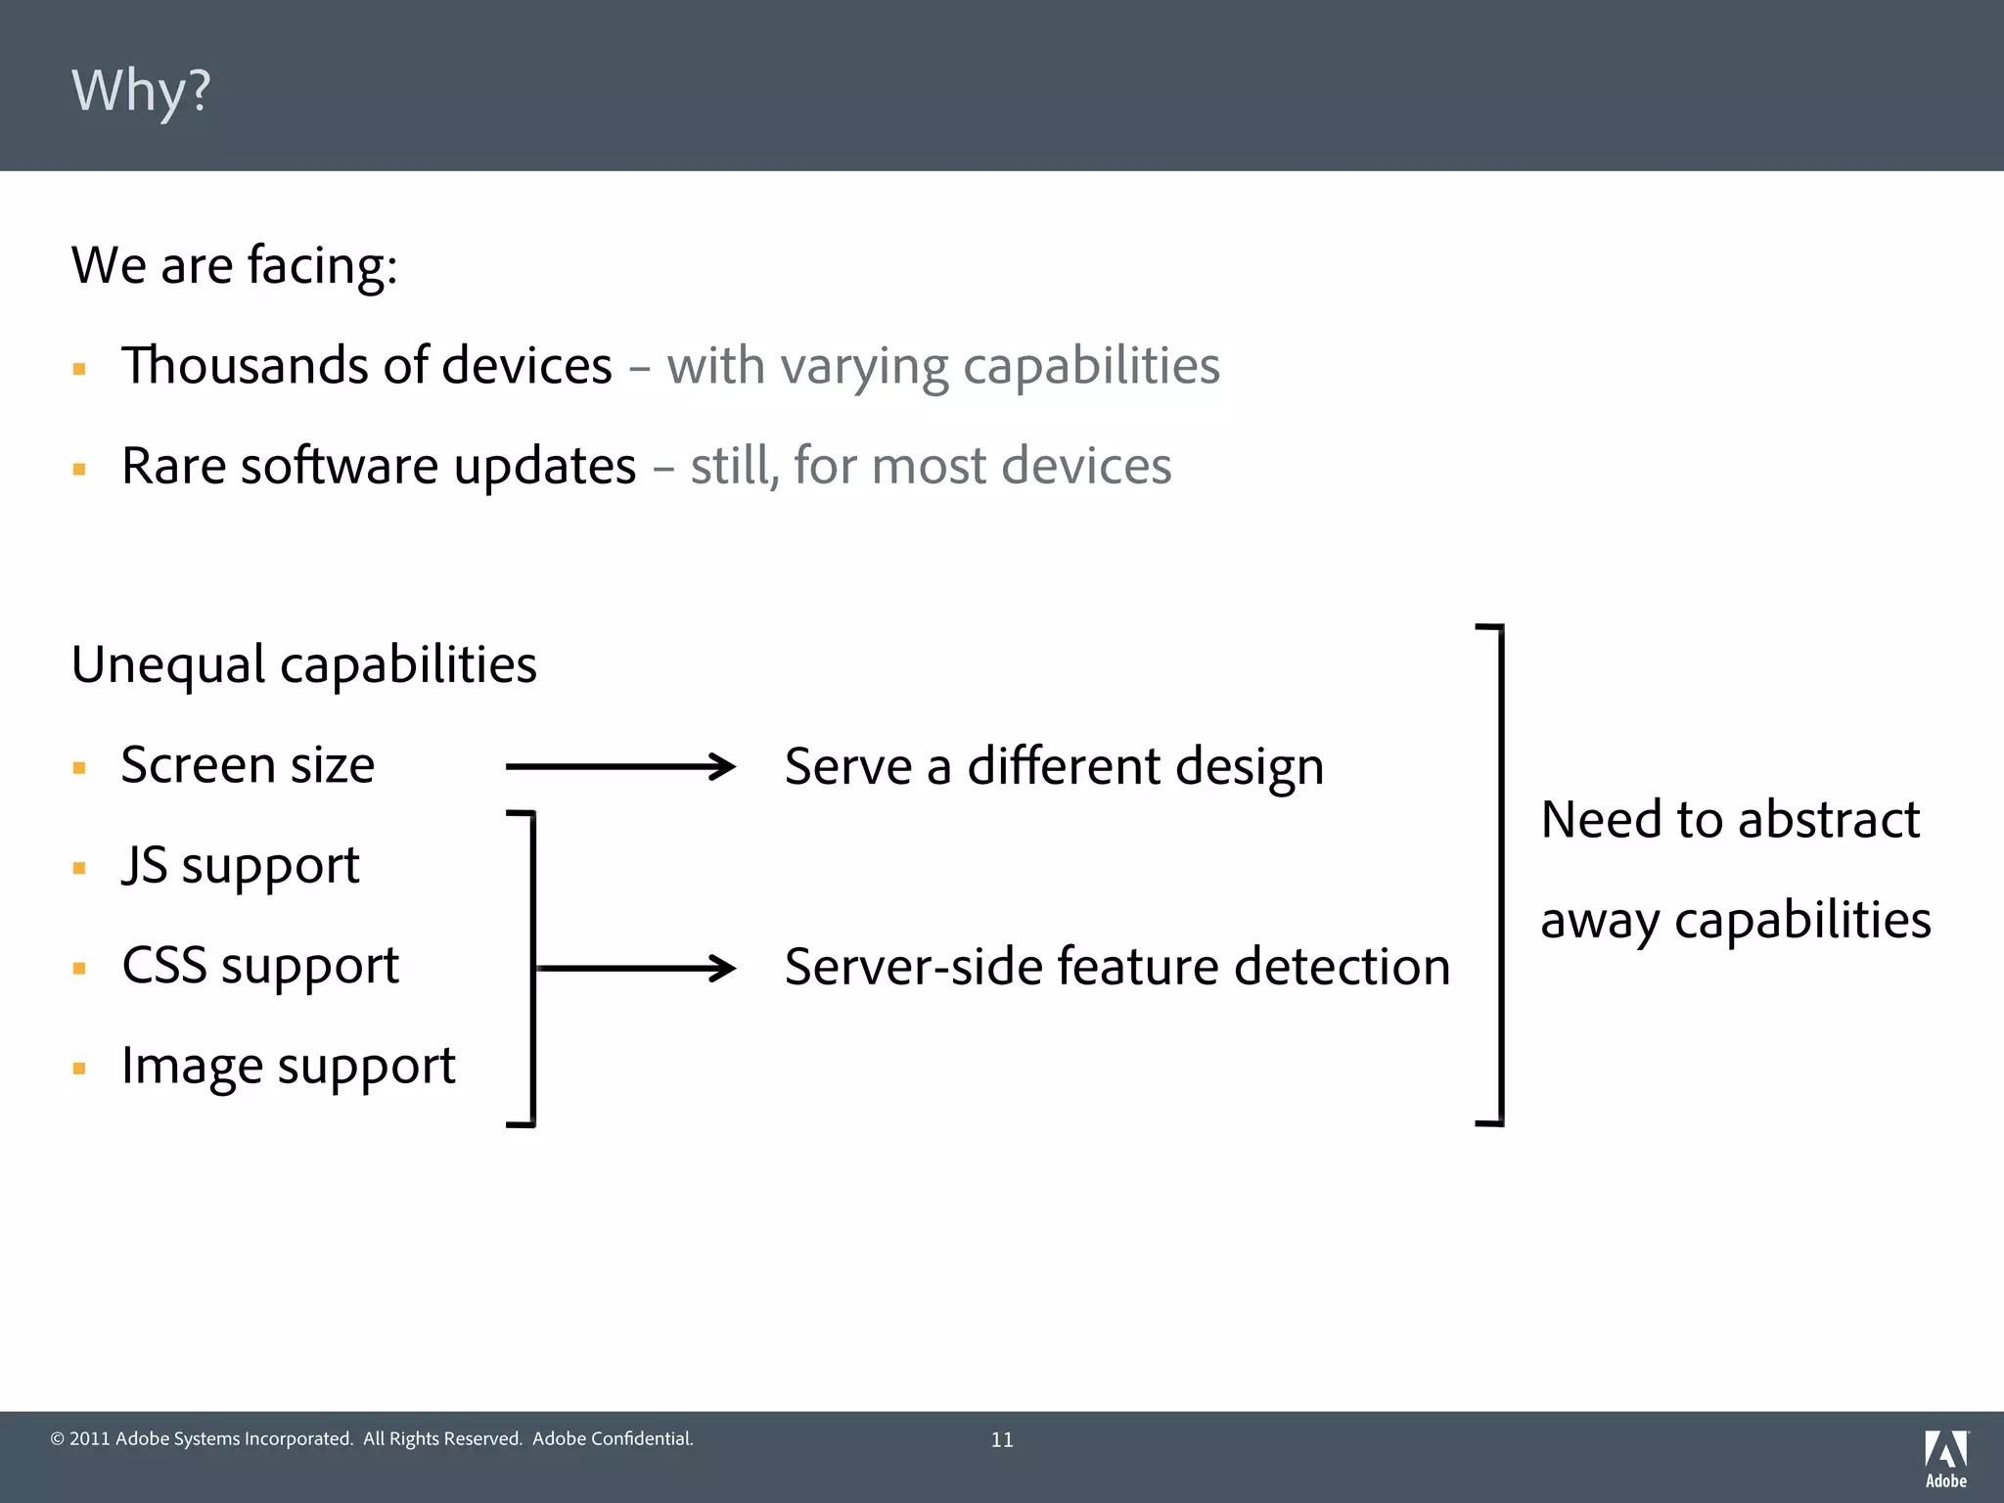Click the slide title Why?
pyautogui.click(x=141, y=91)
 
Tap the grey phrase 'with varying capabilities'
pyautogui.click(x=943, y=366)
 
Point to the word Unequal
pyautogui.click(x=168, y=665)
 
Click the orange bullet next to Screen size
pyautogui.click(x=79, y=768)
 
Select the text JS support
pyautogui.click(x=241, y=866)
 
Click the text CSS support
pyautogui.click(x=260, y=966)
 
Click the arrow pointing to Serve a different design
pyautogui.click(x=620, y=766)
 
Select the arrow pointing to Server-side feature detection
pyautogui.click(x=636, y=968)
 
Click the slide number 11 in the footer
pyautogui.click(x=1002, y=1439)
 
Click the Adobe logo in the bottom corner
pyautogui.click(x=1945, y=1458)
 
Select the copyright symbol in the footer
pyautogui.click(x=57, y=1438)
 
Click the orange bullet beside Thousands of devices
pyautogui.click(x=79, y=370)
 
